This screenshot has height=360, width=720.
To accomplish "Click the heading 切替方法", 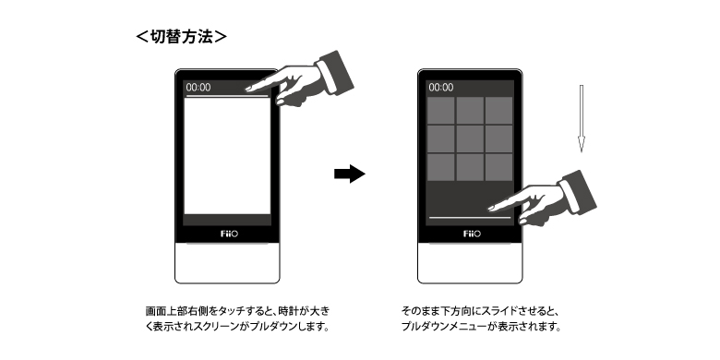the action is pos(181,37).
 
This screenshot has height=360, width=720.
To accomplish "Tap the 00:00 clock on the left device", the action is pos(198,88).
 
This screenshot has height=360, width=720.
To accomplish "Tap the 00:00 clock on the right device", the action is pos(441,88).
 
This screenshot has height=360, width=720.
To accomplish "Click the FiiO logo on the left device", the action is pos(229,234).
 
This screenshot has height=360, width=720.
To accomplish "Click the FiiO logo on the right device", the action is pos(472,234).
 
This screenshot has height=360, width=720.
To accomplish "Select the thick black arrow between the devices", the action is pos(350,174).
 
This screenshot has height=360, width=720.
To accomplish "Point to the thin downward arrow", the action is pos(582,118).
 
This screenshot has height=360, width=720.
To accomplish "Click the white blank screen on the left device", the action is pos(227,156).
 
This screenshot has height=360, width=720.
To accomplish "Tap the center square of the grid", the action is pos(470,138).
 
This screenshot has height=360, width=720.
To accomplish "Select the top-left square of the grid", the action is pos(441,110).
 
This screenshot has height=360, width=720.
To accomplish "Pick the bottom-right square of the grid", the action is pos(498,167).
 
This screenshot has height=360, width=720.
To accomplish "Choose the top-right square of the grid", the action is pos(498,110).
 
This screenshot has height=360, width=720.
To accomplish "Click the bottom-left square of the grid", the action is pos(441,167).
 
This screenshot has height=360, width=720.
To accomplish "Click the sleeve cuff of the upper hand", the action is pos(335,74).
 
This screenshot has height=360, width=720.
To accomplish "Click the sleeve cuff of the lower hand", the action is pos(577,193).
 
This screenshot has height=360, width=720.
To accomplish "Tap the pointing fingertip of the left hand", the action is pos(248,89).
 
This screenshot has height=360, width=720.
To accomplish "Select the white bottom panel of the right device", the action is pos(470,263).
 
